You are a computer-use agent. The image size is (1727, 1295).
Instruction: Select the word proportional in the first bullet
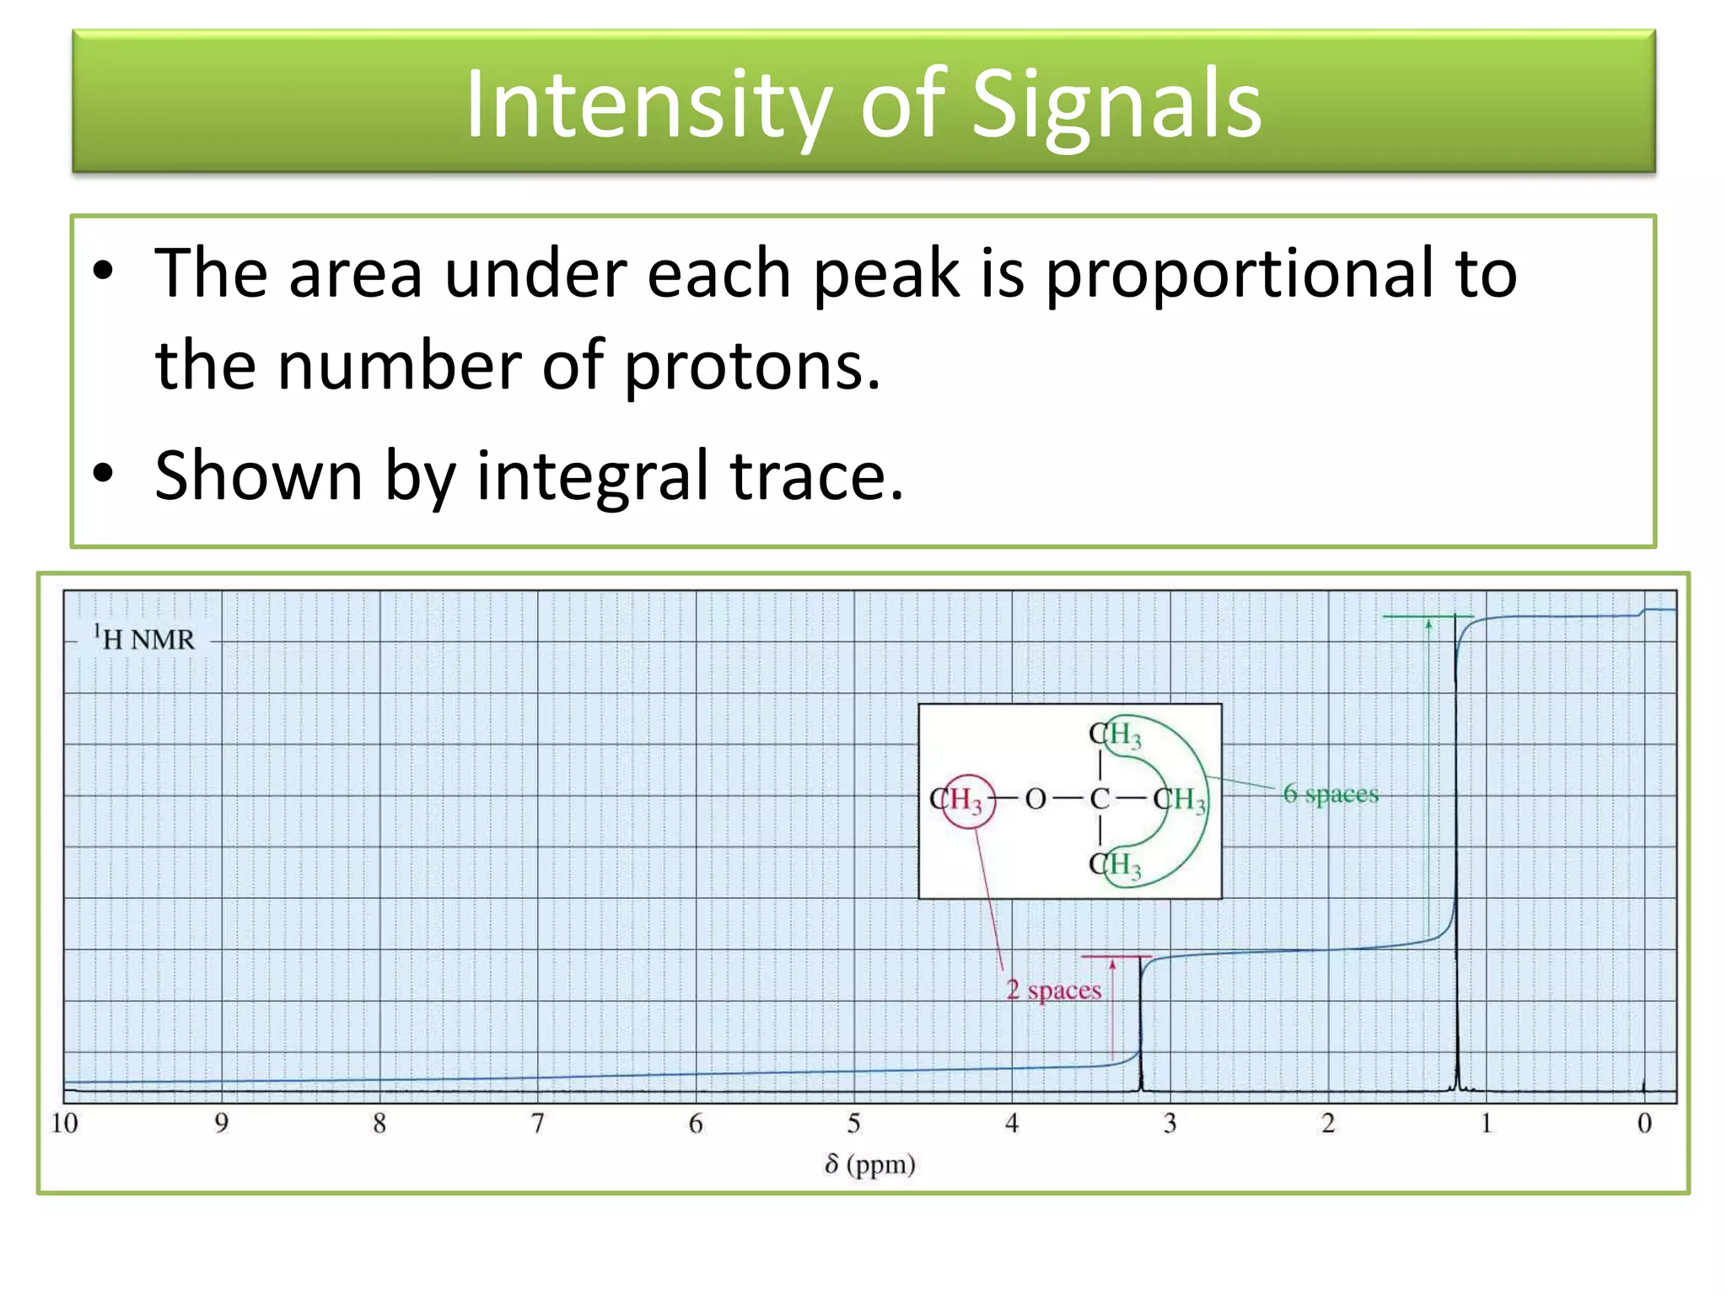pyautogui.click(x=1281, y=273)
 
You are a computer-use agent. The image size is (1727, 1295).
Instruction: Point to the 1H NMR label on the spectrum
pyautogui.click(x=144, y=639)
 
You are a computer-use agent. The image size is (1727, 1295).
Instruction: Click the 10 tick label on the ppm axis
pyautogui.click(x=64, y=1123)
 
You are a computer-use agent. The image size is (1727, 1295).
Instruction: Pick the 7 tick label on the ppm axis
pyautogui.click(x=537, y=1123)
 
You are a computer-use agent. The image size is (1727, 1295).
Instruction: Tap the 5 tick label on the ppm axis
pyautogui.click(x=853, y=1123)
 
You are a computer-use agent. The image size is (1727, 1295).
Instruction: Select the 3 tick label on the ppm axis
pyautogui.click(x=1170, y=1123)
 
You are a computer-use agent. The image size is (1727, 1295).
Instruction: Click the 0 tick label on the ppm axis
pyautogui.click(x=1644, y=1123)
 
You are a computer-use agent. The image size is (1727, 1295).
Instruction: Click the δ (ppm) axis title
pyautogui.click(x=870, y=1164)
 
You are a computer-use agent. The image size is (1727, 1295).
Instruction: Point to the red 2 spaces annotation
pyautogui.click(x=1054, y=990)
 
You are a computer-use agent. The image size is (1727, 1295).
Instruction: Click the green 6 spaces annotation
pyautogui.click(x=1331, y=794)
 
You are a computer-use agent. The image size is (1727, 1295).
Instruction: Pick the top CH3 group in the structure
pyautogui.click(x=1115, y=735)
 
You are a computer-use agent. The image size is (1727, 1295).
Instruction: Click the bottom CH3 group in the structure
pyautogui.click(x=1115, y=865)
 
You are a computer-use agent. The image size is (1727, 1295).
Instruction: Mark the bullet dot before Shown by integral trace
pyautogui.click(x=103, y=474)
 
